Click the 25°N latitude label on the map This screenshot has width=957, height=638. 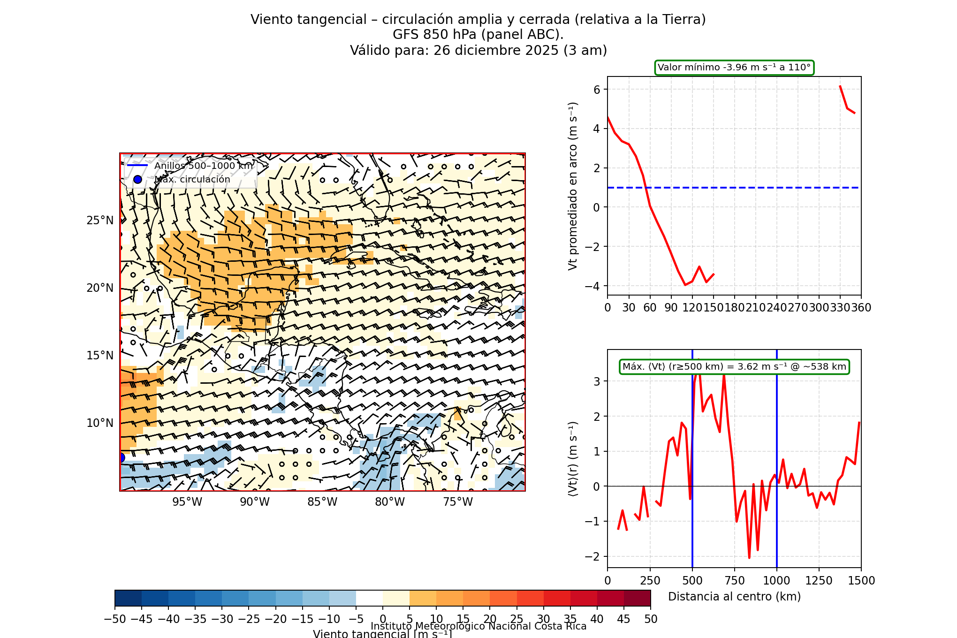[100, 220]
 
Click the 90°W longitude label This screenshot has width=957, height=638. [255, 502]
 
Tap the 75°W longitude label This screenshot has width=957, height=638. [458, 502]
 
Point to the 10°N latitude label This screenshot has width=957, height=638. [100, 423]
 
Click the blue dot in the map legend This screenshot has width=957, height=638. [137, 180]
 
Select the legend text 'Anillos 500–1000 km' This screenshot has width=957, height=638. [204, 166]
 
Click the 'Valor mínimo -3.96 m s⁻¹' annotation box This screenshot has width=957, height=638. [734, 68]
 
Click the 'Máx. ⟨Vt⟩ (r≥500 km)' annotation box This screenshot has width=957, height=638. [734, 367]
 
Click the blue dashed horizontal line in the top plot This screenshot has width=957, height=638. [751, 188]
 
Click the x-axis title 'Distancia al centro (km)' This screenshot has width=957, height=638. [734, 597]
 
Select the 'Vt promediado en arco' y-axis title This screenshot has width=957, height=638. [573, 186]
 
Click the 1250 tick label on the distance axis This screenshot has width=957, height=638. [819, 581]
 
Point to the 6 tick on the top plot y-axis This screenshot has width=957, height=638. [597, 90]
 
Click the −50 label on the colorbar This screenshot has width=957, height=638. [115, 619]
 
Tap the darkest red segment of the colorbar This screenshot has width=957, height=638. [637, 598]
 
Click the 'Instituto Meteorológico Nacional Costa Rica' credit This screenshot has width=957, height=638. [478, 626]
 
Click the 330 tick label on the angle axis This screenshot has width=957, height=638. [840, 308]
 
